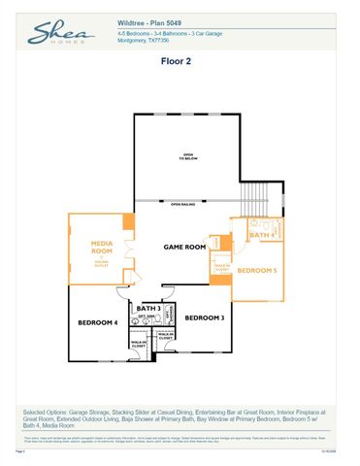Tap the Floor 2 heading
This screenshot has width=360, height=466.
tap(180, 60)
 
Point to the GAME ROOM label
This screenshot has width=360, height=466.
tap(184, 248)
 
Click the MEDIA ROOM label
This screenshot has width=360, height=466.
tap(103, 248)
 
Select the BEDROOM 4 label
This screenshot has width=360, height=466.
tap(98, 321)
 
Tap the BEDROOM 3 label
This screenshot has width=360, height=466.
tap(205, 317)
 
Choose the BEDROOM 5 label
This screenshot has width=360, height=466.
tap(257, 269)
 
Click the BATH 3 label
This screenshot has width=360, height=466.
tap(148, 308)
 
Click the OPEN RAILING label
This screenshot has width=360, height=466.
tap(183, 205)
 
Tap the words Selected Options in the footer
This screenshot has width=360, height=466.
tap(45, 412)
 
